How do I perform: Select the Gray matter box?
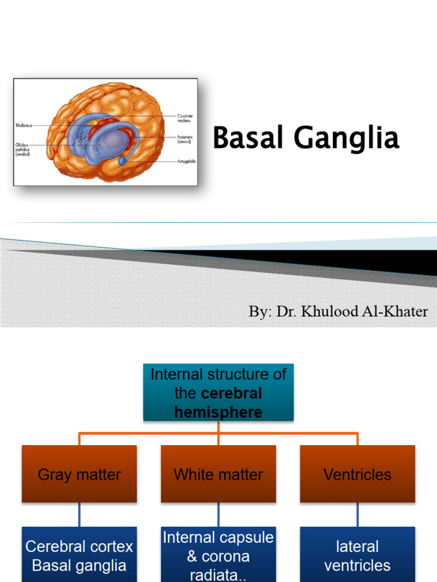79,474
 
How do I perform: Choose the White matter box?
218,474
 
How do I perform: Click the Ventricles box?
357,474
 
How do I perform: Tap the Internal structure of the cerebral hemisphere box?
218,393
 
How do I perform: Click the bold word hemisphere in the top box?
218,412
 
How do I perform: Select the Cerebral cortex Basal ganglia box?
79,555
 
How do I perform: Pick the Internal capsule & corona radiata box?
218,555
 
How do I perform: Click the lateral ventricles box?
357,555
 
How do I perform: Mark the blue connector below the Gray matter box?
79,515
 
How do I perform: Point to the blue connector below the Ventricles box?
357,515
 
